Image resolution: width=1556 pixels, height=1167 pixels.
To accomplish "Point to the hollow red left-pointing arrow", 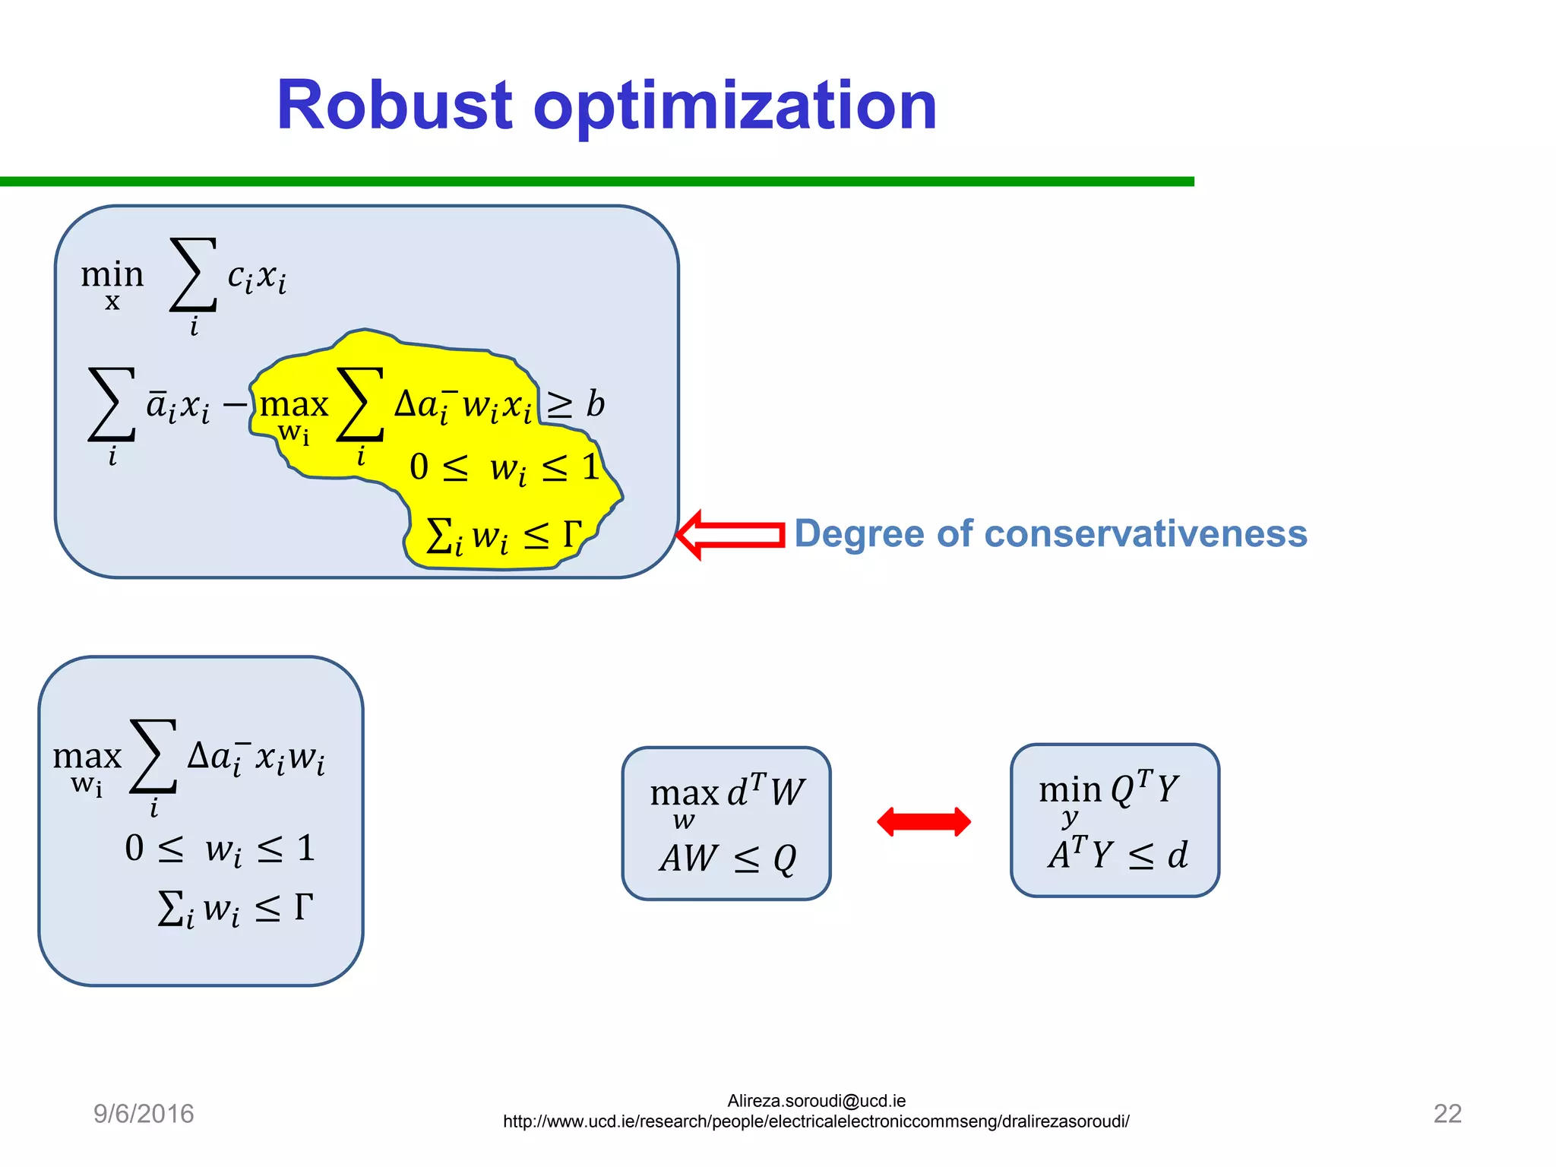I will (x=729, y=535).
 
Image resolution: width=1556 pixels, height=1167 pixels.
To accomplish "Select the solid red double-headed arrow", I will (x=923, y=822).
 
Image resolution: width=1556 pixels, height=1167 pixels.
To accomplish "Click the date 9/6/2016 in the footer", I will (x=144, y=1114).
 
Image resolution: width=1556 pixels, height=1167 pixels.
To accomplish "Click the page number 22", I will (x=1447, y=1114).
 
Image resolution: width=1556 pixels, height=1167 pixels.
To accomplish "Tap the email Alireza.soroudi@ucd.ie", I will (x=816, y=1101).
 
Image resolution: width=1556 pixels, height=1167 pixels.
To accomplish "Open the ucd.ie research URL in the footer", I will (x=816, y=1122).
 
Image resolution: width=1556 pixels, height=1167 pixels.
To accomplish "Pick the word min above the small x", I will (x=112, y=274).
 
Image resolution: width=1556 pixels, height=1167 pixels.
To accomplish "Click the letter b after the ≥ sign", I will (x=596, y=404).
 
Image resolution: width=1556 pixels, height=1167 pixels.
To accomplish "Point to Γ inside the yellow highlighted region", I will (x=572, y=534).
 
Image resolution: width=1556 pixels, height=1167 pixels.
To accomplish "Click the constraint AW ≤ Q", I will (x=727, y=859).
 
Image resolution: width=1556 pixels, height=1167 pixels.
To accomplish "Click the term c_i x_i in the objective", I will (x=257, y=277).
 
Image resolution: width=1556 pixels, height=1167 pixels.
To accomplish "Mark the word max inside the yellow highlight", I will (x=293, y=405).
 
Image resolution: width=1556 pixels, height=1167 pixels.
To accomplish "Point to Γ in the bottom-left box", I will (x=303, y=906).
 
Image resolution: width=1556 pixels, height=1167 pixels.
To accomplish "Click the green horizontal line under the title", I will (x=596, y=182).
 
